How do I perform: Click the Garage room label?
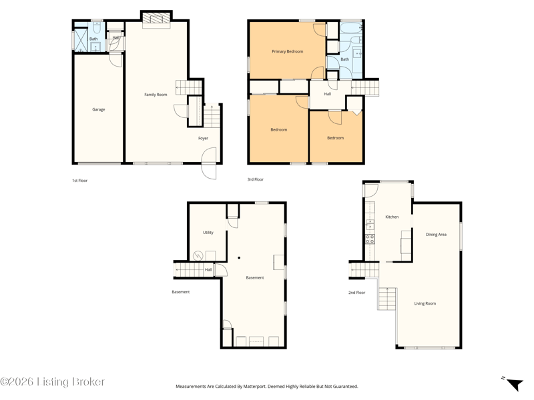pos(98,109)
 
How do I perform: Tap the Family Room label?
pos(156,95)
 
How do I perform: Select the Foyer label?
pos(203,138)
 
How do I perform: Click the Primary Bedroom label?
pos(288,51)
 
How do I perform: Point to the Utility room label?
pos(208,233)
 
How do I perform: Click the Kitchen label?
pos(392,217)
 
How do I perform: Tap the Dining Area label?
pos(436,235)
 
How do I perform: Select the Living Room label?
pos(425,303)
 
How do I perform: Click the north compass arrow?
pos(514,385)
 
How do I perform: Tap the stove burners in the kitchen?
pos(370,239)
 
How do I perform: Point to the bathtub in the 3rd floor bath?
pos(351,28)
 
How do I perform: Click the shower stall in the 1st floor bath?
pos(81,40)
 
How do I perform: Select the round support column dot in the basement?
pos(239,258)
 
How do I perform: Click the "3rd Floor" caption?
pos(256,179)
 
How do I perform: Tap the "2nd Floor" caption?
pos(356,293)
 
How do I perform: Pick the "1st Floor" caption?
pos(79,181)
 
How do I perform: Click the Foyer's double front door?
pos(209,163)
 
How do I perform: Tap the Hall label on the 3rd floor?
pos(327,94)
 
